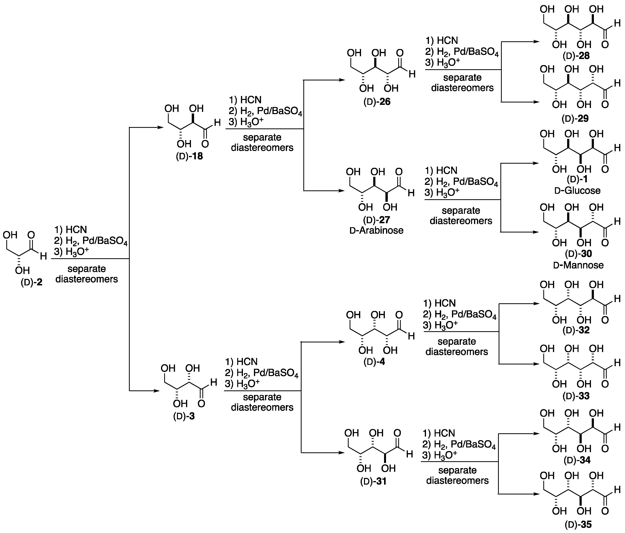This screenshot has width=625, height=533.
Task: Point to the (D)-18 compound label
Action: (x=189, y=156)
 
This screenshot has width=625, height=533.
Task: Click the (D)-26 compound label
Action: (x=377, y=102)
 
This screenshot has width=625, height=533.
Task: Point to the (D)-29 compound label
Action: (x=575, y=118)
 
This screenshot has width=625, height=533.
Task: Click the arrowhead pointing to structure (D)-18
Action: (x=160, y=127)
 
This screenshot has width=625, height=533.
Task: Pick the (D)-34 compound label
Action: (x=576, y=460)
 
